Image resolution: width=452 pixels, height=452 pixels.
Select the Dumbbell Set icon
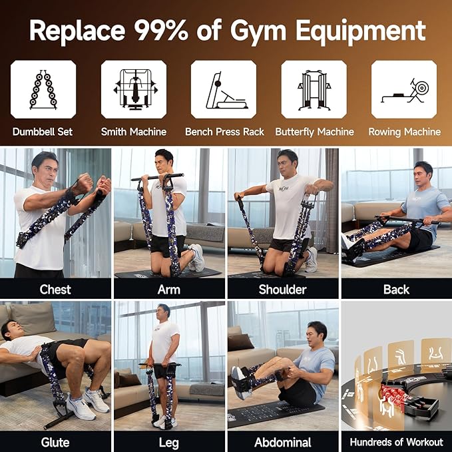pos(43,89)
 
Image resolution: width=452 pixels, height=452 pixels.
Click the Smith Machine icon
pos(133,89)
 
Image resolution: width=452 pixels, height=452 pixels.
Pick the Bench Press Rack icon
pos(224,89)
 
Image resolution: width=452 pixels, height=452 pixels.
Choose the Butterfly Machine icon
pos(314,89)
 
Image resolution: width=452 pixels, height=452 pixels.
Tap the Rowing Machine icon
pos(404,89)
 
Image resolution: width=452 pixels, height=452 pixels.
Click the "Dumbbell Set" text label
pos(43,132)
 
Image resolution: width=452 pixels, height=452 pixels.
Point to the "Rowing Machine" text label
pos(404,132)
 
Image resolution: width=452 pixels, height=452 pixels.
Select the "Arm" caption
pos(169,289)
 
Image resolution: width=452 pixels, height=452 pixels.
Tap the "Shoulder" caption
pos(282,289)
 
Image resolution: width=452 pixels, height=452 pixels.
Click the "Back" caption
pos(396,289)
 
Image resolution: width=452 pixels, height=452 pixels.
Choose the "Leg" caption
pos(169,442)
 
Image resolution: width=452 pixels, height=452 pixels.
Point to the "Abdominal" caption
pos(282,442)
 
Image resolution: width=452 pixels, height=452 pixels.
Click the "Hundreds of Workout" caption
pos(396,442)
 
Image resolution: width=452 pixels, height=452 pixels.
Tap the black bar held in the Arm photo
pos(157,178)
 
